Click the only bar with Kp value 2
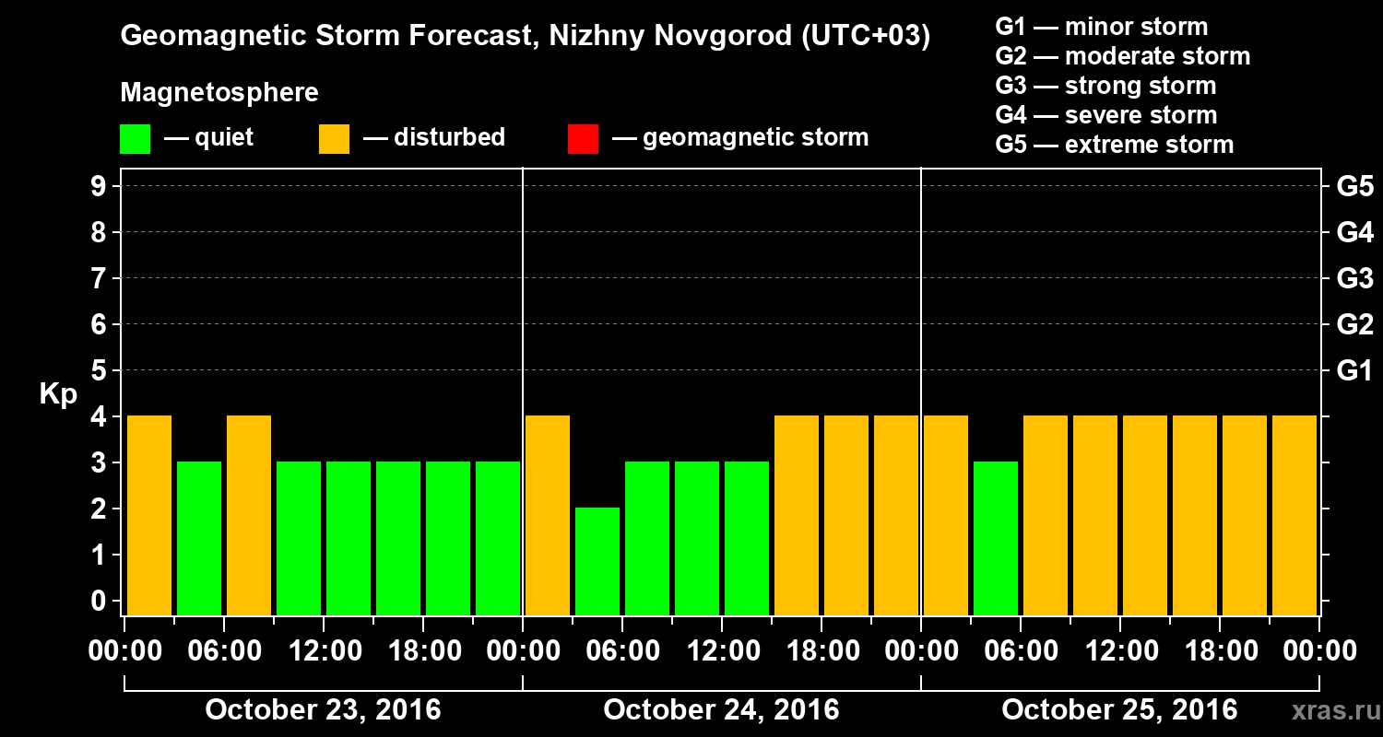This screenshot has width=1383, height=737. [597, 561]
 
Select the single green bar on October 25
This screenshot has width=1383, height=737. [996, 538]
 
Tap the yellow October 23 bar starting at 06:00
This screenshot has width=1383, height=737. [249, 515]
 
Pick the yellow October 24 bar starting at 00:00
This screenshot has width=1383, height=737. [548, 515]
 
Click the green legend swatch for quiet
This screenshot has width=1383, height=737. [135, 138]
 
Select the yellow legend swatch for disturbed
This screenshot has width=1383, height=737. [334, 138]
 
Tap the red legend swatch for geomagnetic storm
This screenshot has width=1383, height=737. [583, 138]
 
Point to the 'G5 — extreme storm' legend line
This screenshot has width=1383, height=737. [1114, 145]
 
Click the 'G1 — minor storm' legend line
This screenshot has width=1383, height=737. [1101, 27]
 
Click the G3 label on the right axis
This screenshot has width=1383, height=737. [1354, 278]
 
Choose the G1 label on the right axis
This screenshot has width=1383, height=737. [1354, 370]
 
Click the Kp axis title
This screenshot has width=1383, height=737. [58, 394]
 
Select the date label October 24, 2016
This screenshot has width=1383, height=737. [721, 709]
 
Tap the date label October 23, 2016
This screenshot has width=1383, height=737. [323, 709]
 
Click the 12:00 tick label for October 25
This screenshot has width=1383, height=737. [1119, 651]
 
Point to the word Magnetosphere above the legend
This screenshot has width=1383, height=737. [219, 93]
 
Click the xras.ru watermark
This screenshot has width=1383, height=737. [1329, 710]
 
